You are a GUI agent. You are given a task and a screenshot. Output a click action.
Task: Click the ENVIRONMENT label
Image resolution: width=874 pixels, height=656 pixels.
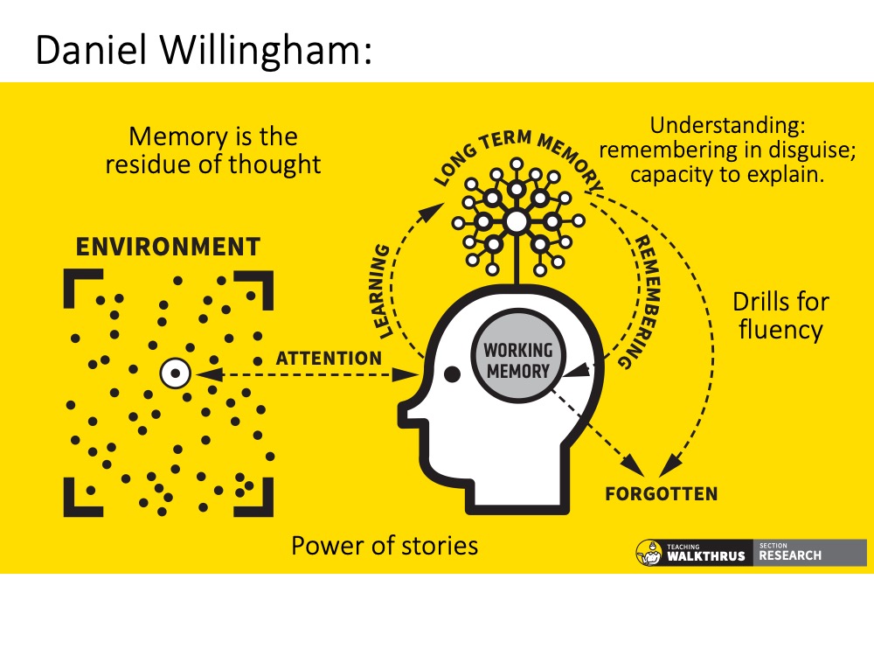pos(168,247)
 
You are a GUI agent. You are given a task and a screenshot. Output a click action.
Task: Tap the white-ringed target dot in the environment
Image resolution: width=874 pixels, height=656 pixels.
pos(176,374)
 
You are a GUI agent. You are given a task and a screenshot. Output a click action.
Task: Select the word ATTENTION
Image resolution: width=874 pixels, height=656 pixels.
pos(329,359)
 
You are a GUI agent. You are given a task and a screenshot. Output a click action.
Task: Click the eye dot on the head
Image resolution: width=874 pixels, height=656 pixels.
pos(453,374)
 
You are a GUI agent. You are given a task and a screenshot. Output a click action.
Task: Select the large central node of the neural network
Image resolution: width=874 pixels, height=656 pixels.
pos(517,221)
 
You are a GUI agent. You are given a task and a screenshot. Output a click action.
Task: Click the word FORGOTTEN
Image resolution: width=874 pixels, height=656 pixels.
pos(662,494)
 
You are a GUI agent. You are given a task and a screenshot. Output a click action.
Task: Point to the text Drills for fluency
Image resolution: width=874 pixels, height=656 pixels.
pos(780,316)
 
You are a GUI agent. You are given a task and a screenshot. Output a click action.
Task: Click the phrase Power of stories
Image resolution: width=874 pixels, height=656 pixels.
pos(385,546)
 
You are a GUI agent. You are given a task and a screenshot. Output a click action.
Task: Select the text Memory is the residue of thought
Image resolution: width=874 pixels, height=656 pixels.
pos(213,150)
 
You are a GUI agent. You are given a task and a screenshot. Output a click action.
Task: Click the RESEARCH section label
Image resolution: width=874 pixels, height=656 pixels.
pos(790,555)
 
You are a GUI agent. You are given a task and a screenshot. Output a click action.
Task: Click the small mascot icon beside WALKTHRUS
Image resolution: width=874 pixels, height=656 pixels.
pos(649,553)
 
